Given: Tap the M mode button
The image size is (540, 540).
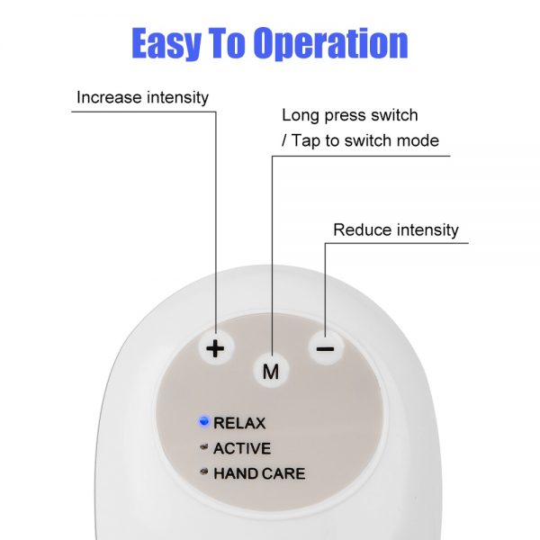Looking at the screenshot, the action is coord(271,371).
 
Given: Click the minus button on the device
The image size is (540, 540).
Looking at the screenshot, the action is coord(326,348).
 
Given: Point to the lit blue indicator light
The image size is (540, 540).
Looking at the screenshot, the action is coord(204,421).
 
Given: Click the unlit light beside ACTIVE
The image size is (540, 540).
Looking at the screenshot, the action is coord(204,447).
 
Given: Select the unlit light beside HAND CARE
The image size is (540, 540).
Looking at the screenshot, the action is coord(204,472).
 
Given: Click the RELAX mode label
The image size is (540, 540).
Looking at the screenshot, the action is coord(239,423).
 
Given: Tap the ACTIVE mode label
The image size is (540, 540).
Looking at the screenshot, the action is coord(242,448).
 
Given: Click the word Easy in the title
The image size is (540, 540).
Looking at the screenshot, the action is coord(166,43).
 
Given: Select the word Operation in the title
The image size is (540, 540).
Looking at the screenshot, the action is coord(330,43).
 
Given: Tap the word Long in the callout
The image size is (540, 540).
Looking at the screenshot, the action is coord(301,116).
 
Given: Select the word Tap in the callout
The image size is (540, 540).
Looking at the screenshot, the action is coord(306,141).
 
